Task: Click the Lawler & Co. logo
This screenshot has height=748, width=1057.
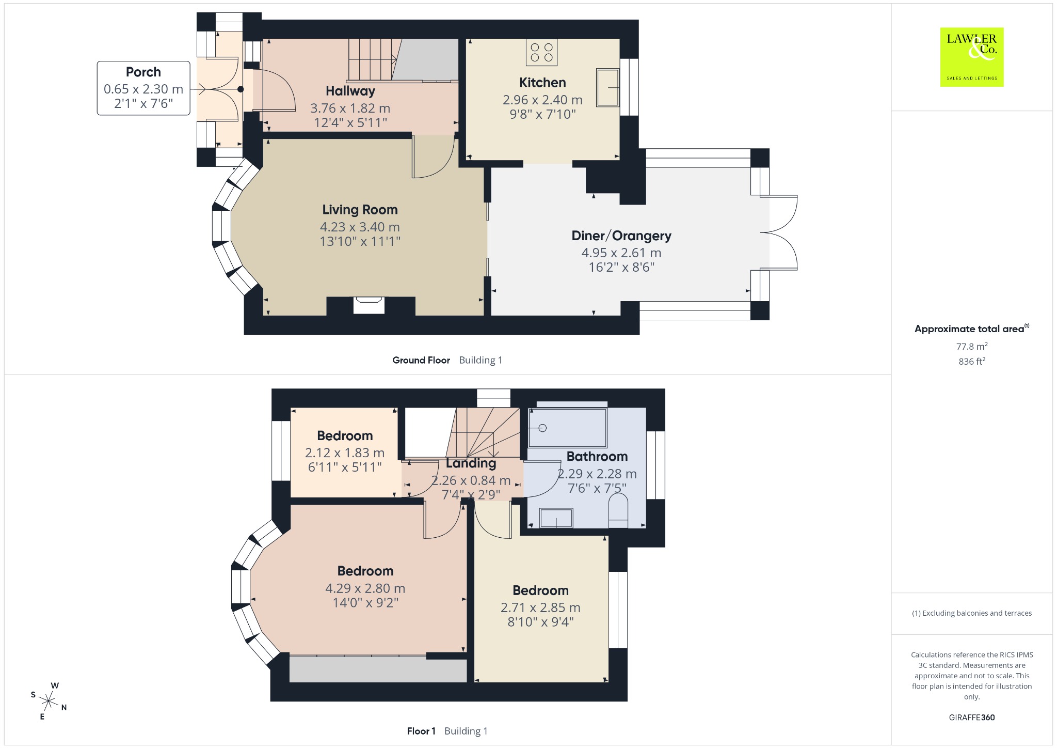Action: (972, 57)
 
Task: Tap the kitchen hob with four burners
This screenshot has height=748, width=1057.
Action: (542, 53)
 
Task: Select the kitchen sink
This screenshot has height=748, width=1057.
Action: (608, 87)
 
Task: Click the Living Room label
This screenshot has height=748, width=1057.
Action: (360, 210)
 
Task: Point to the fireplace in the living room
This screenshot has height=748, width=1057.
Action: (369, 305)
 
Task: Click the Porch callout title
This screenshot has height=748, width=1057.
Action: (143, 72)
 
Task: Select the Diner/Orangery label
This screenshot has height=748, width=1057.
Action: (621, 236)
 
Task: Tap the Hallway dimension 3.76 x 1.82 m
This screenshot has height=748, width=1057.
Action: (350, 108)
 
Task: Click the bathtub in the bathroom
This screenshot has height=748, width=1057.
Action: (568, 428)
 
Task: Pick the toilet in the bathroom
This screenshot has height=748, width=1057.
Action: (618, 511)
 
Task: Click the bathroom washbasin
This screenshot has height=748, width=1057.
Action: (556, 518)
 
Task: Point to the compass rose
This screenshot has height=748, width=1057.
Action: (49, 701)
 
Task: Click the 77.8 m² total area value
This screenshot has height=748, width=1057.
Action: (972, 346)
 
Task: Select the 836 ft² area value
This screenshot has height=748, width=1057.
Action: (972, 362)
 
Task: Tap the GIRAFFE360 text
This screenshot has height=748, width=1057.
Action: (972, 717)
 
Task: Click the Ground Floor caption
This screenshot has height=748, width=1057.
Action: (421, 360)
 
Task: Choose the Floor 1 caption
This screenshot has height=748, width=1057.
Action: (421, 731)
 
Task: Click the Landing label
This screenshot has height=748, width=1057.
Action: (471, 463)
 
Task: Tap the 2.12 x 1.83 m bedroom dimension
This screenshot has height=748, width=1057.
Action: (345, 453)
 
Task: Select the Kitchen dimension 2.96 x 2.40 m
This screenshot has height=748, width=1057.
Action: (542, 100)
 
